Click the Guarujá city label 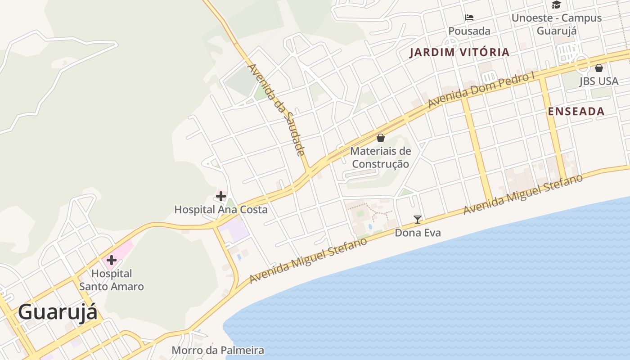point(58,312)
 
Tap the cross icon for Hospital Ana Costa point(221,196)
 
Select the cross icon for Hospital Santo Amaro point(111,260)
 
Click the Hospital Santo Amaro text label point(112,280)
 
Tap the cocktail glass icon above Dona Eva point(418,220)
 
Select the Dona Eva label point(418,233)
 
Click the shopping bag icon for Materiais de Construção point(381,138)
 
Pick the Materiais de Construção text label point(381,157)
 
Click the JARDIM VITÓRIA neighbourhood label point(459,52)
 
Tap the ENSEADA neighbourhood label point(576,112)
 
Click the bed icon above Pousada point(469,18)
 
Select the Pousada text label point(469,31)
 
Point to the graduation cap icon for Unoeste point(557,5)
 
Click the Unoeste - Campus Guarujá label point(557,24)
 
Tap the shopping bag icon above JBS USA point(599,68)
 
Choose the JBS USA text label point(599,81)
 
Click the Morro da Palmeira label point(218,350)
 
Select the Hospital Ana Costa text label point(221,209)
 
